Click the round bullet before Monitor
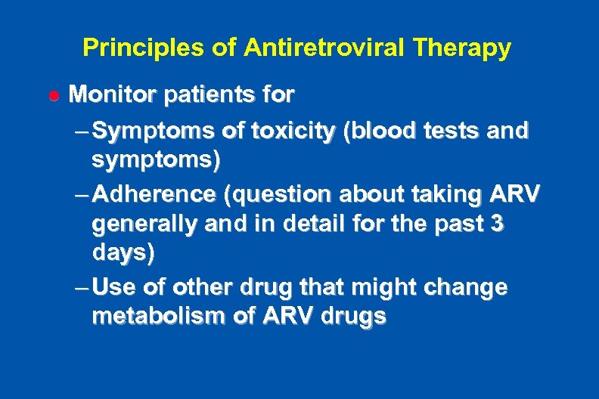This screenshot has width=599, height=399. point(53,96)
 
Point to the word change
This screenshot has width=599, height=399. point(470,288)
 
